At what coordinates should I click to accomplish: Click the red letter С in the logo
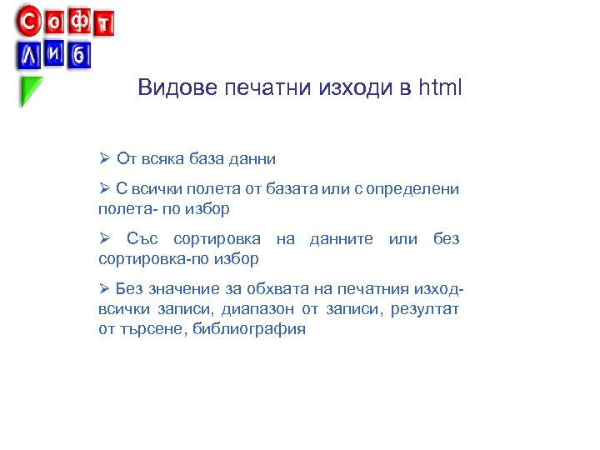[29, 18]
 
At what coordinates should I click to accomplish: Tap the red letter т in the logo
[104, 23]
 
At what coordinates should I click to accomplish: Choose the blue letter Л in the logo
[30, 55]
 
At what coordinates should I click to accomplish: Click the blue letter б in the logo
[79, 56]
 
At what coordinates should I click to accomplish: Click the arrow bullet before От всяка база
[104, 158]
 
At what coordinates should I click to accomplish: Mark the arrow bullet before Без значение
[104, 289]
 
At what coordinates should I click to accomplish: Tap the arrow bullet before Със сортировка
[104, 240]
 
